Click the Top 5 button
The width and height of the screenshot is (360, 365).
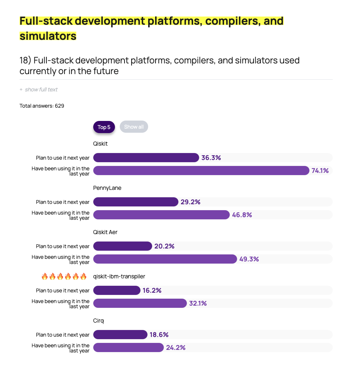[104, 127]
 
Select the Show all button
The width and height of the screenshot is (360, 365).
[134, 127]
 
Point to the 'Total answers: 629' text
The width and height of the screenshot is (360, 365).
[42, 106]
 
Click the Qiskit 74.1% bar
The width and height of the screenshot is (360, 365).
[201, 170]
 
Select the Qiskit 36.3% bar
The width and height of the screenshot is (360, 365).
[146, 158]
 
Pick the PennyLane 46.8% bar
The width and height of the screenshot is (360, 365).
[161, 215]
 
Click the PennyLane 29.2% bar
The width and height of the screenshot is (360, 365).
[136, 202]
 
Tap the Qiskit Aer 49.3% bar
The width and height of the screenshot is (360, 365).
[165, 259]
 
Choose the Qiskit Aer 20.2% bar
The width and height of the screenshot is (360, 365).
[122, 246]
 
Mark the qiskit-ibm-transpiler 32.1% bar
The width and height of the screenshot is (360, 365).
[140, 303]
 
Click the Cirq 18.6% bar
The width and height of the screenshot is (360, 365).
[120, 335]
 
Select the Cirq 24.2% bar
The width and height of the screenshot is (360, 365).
[128, 347]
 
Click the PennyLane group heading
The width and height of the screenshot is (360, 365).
[107, 188]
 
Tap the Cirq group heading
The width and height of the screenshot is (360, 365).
[98, 321]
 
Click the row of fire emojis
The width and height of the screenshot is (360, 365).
[64, 277]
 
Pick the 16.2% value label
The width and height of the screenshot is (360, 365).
[152, 291]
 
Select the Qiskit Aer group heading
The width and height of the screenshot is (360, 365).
[105, 232]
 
